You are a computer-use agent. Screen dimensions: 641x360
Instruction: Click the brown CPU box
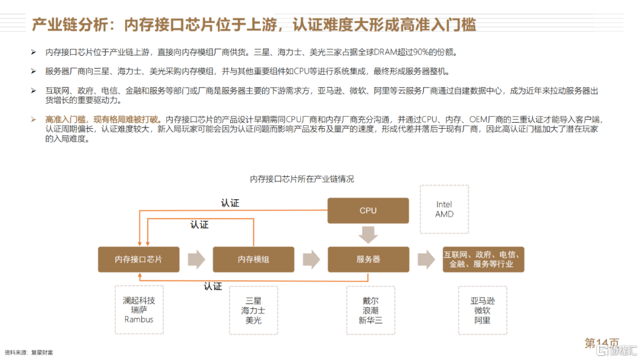[x=368, y=211]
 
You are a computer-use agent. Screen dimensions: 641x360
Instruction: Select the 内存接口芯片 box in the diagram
[x=138, y=259]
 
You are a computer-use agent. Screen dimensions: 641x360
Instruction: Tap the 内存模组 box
[x=253, y=259]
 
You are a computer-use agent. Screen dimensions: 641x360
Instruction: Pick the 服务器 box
[x=369, y=259]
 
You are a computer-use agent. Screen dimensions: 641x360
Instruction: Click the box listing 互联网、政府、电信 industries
[x=483, y=259]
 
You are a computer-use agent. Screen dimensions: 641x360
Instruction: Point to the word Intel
[x=444, y=204]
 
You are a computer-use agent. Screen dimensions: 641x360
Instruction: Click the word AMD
[x=445, y=214]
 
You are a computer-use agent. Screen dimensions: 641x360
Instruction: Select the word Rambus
[x=139, y=320]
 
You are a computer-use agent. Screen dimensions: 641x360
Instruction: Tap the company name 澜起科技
[x=139, y=300]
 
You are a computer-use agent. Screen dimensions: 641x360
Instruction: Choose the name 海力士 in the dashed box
[x=253, y=311]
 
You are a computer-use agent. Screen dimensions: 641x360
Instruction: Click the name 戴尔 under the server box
[x=370, y=301]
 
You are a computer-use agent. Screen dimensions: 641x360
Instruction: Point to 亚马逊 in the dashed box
[x=483, y=301]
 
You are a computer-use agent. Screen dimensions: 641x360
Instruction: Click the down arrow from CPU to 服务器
[x=368, y=234]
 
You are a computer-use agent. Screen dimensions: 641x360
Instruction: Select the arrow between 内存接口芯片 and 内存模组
[x=196, y=259]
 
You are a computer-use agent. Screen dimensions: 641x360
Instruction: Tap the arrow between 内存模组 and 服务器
[x=311, y=259]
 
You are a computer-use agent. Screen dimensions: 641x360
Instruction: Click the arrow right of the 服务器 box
[x=426, y=259]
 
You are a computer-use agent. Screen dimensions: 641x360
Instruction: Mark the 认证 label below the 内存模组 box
[x=213, y=286]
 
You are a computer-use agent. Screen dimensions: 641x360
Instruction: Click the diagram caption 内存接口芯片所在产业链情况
[x=302, y=179]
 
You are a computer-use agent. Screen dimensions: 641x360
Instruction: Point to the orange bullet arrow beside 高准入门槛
[x=33, y=119]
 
